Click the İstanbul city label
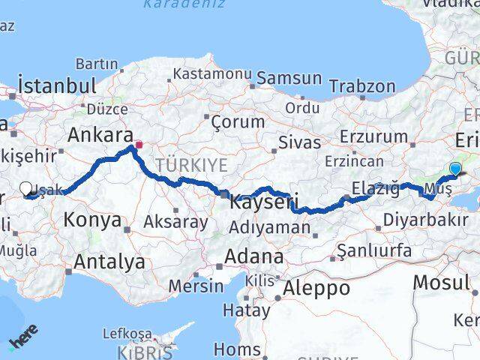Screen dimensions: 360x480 tap(57, 84)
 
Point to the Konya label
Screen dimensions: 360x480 tap(92, 220)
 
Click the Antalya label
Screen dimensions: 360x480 tap(109, 262)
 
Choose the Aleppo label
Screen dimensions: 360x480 tap(318, 287)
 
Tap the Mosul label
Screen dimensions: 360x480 tap(442, 283)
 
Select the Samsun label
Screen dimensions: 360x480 tap(290, 79)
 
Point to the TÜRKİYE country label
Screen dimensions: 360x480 tap(191, 165)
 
